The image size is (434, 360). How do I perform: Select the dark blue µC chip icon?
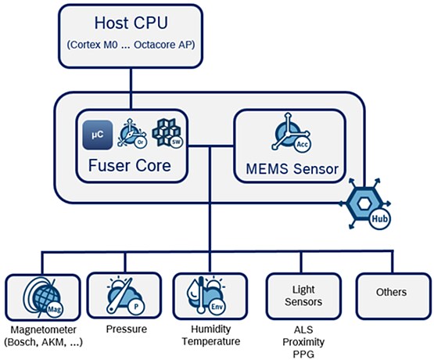click(x=98, y=134)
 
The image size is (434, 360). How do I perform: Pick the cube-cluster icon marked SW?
click(x=165, y=134)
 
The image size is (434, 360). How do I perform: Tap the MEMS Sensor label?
click(x=289, y=168)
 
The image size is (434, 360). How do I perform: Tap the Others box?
click(x=391, y=293)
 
